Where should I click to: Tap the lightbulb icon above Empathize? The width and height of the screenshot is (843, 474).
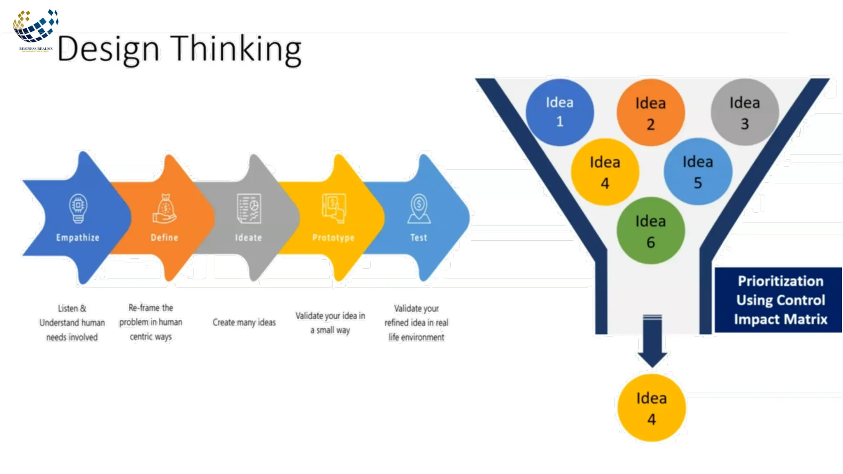tap(78, 208)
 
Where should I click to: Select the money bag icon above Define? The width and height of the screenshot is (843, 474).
tap(165, 209)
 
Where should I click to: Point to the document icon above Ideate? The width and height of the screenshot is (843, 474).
tap(249, 209)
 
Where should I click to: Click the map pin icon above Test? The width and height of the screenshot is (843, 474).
tap(419, 209)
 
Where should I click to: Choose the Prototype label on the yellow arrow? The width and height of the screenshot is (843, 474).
tap(333, 238)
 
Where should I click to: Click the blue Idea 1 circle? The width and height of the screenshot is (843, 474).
tap(559, 112)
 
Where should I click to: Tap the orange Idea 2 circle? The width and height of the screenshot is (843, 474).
tap(650, 113)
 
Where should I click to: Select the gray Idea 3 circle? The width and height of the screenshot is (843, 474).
tap(745, 112)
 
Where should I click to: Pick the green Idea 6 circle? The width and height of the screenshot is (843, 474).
tap(650, 231)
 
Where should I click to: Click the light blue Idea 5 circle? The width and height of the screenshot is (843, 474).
tap(698, 172)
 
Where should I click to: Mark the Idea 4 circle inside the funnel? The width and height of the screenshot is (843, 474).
tap(605, 172)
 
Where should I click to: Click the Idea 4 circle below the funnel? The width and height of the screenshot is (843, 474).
tap(651, 408)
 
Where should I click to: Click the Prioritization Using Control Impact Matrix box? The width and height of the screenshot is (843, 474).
tap(779, 300)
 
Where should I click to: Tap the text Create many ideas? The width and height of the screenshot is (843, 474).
tap(244, 322)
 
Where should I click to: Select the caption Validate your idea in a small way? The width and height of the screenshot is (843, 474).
tap(330, 323)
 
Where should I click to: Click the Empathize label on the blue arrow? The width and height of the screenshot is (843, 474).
tap(78, 238)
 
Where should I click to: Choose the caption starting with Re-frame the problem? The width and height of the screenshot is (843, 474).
tap(151, 322)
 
